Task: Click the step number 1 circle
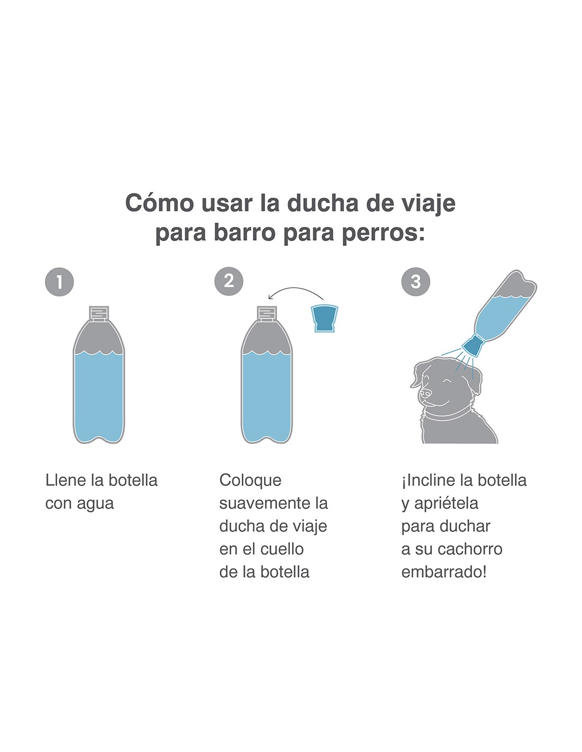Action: [x=60, y=282]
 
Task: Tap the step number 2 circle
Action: [x=229, y=281]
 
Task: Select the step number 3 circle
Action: [x=415, y=282]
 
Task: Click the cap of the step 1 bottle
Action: [x=98, y=314]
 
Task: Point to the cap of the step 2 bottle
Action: [x=267, y=314]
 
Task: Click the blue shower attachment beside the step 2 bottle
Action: [x=324, y=318]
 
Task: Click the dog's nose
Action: [x=425, y=392]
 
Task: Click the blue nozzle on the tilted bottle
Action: [x=472, y=345]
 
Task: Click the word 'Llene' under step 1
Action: [x=66, y=480]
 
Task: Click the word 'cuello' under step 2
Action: [x=282, y=549]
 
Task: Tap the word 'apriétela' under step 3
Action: [x=446, y=504]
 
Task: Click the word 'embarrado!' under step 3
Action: [x=444, y=572]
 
